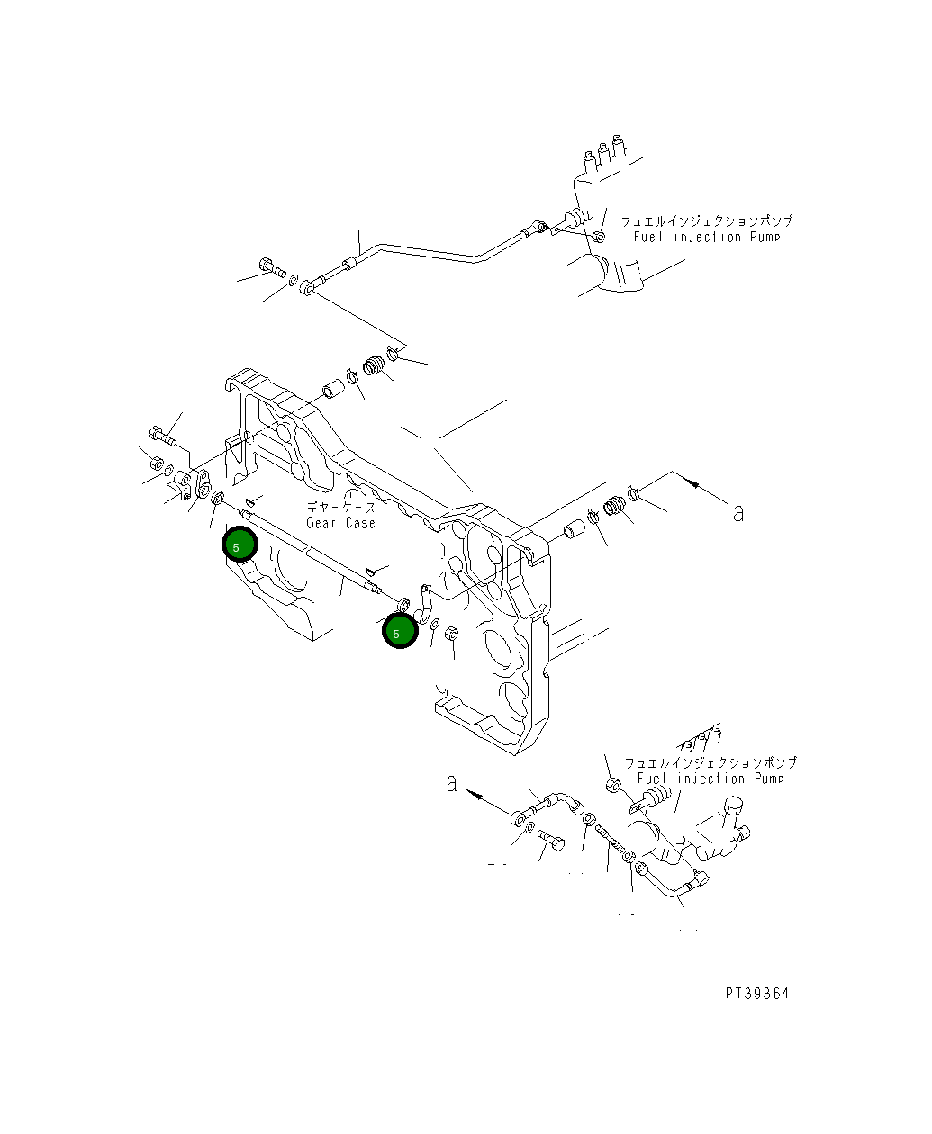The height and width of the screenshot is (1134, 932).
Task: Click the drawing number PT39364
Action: [756, 993]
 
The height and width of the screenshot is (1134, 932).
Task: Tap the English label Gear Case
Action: [340, 523]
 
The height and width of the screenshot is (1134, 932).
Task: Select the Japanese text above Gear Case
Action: [341, 508]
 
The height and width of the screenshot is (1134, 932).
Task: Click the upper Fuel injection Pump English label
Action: [706, 237]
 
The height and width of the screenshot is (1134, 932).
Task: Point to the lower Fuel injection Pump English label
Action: [710, 778]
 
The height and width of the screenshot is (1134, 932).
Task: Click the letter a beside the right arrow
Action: [738, 513]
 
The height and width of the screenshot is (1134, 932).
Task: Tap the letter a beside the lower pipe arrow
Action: [451, 783]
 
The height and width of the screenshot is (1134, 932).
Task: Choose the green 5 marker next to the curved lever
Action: [398, 632]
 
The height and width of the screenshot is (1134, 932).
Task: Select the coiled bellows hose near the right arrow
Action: [615, 507]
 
